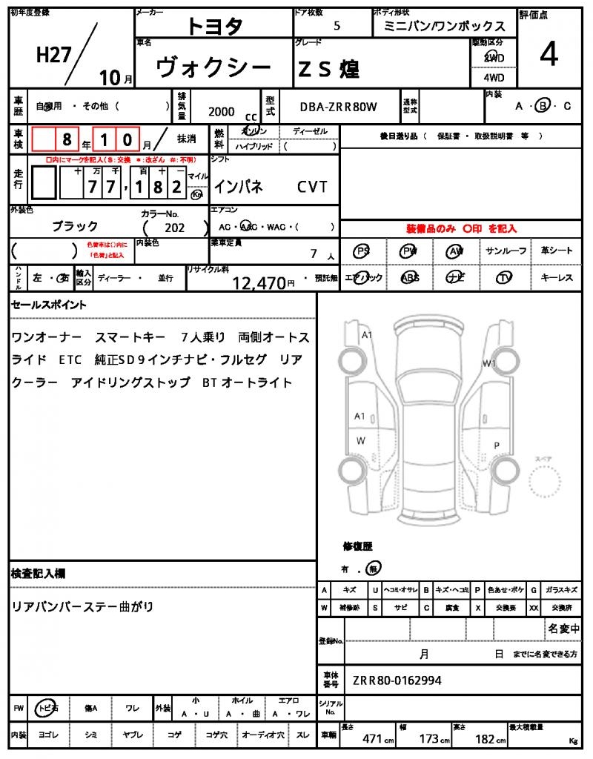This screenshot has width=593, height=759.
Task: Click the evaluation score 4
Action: coord(549,55)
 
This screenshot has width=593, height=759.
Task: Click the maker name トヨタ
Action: coord(214,26)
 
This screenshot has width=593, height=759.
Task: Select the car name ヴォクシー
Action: coord(213,68)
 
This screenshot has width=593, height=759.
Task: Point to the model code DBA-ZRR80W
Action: coord(338,107)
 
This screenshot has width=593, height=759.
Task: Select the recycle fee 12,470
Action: coord(259,282)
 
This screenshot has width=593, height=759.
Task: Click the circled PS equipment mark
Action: coord(362,251)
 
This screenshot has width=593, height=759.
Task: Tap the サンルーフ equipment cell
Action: coord(506,251)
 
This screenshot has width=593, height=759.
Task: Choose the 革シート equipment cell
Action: coord(556,251)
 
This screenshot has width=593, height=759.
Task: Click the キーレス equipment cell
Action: coord(556,278)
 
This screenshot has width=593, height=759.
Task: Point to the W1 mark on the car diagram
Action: coord(488,363)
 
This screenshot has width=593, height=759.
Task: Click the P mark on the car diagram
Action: coord(497,445)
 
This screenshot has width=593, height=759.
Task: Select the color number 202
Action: coord(176,228)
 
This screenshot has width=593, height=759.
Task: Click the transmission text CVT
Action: coord(312,187)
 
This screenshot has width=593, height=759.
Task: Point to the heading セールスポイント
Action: coord(48,305)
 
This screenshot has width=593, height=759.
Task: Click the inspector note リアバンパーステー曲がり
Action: coord(82,606)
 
